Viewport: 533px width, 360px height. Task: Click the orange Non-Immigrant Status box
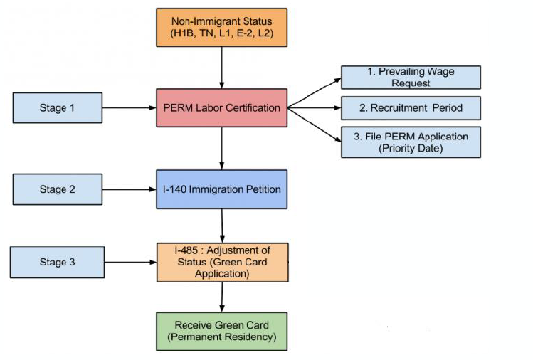pyautogui.click(x=221, y=28)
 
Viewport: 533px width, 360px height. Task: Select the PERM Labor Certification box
pyautogui.click(x=221, y=107)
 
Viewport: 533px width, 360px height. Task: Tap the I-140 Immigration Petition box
pyautogui.click(x=221, y=189)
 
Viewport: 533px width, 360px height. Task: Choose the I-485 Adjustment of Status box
pyautogui.click(x=222, y=262)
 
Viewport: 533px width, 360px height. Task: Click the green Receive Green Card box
pyautogui.click(x=221, y=332)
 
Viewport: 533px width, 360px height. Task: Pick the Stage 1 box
pyautogui.click(x=58, y=107)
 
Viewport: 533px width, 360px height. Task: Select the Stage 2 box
pyautogui.click(x=58, y=189)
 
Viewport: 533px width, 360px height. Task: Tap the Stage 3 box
pyautogui.click(x=57, y=262)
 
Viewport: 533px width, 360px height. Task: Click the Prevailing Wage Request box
pyautogui.click(x=411, y=78)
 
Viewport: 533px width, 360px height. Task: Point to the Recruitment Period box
pyautogui.click(x=411, y=108)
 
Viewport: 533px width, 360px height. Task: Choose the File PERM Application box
pyautogui.click(x=411, y=142)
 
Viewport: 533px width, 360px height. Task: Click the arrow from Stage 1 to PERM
pyautogui.click(x=130, y=107)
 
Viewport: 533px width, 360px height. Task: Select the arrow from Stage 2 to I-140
pyautogui.click(x=130, y=189)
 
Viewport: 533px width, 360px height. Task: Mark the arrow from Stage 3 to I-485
pyautogui.click(x=130, y=262)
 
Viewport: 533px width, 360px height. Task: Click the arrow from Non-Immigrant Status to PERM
pyautogui.click(x=221, y=68)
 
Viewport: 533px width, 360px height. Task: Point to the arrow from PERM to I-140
pyautogui.click(x=221, y=149)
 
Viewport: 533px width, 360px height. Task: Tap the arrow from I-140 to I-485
pyautogui.click(x=222, y=226)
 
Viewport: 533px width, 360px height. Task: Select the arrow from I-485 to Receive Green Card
pyautogui.click(x=222, y=297)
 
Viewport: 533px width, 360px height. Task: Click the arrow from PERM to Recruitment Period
pyautogui.click(x=315, y=107)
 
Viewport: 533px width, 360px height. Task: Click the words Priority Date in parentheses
pyautogui.click(x=411, y=148)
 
